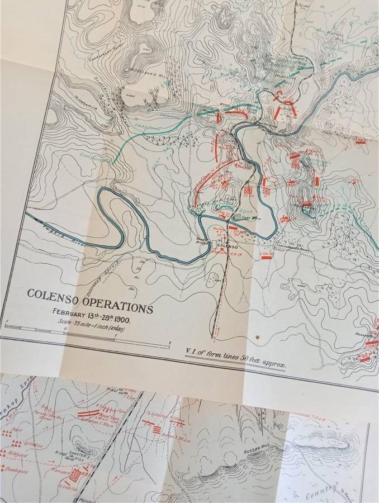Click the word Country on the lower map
(x=319, y=495)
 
